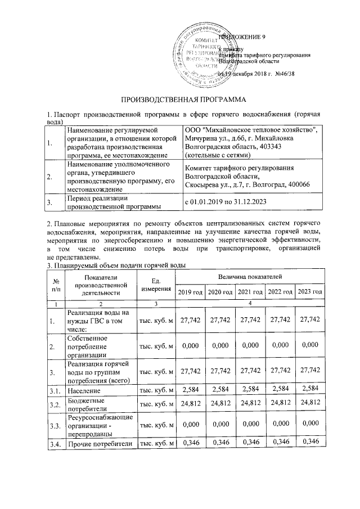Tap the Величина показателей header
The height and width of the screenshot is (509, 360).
click(x=250, y=276)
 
